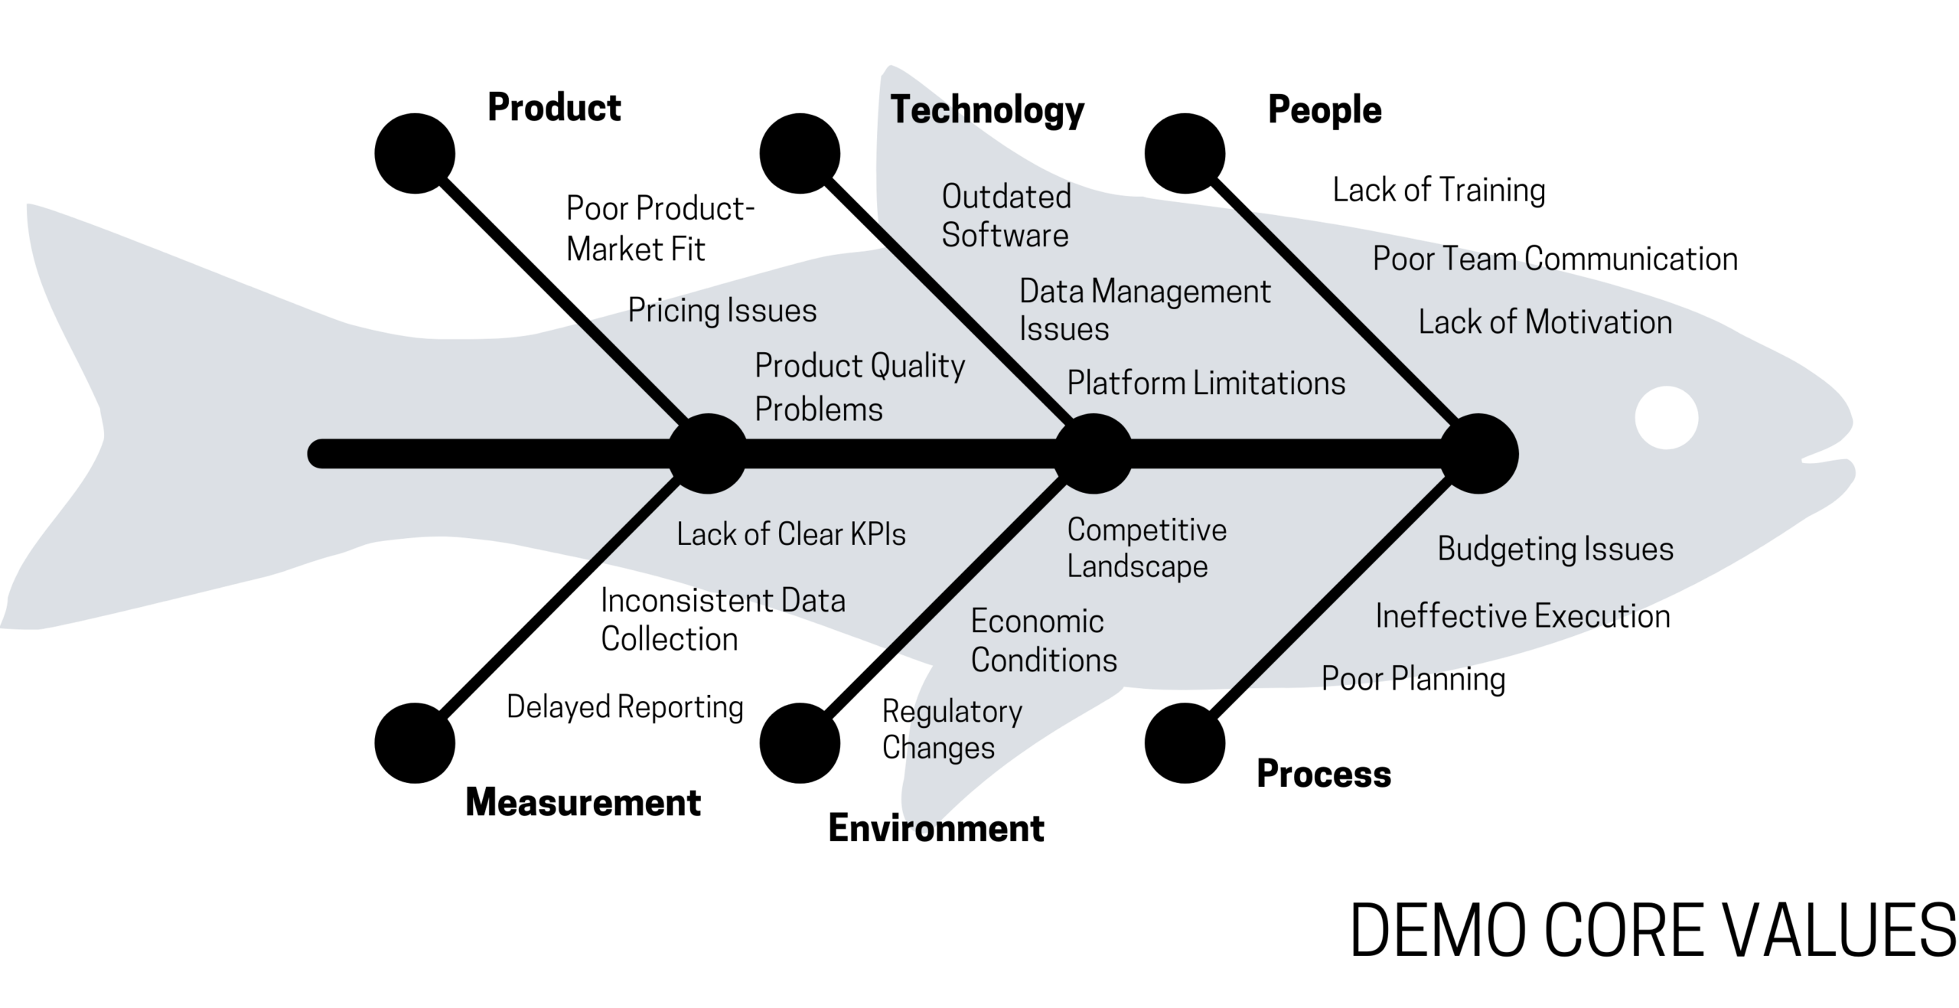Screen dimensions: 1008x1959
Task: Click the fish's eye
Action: coord(1666,418)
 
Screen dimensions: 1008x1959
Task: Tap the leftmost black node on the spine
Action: coord(707,453)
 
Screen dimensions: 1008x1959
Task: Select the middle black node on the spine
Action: coord(1093,453)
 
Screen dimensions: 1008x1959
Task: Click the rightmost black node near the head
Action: coord(1478,453)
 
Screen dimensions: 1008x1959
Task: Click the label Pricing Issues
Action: coord(722,312)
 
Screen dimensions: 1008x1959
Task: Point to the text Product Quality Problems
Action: coord(859,387)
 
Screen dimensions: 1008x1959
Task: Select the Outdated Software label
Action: coord(1006,216)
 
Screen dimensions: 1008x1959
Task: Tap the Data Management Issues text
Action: coord(1144,310)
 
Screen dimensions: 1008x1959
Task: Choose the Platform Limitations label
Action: coord(1206,383)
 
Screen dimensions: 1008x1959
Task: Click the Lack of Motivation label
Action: coord(1544,322)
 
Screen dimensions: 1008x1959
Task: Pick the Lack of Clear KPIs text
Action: coord(790,534)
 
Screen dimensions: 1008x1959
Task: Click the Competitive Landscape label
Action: coord(1146,548)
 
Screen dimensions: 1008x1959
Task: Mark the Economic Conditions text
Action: coord(1043,641)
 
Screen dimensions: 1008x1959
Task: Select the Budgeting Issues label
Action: coord(1555,549)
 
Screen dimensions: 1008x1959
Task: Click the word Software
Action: coord(1005,235)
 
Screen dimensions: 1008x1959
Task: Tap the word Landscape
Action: coord(1137,567)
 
